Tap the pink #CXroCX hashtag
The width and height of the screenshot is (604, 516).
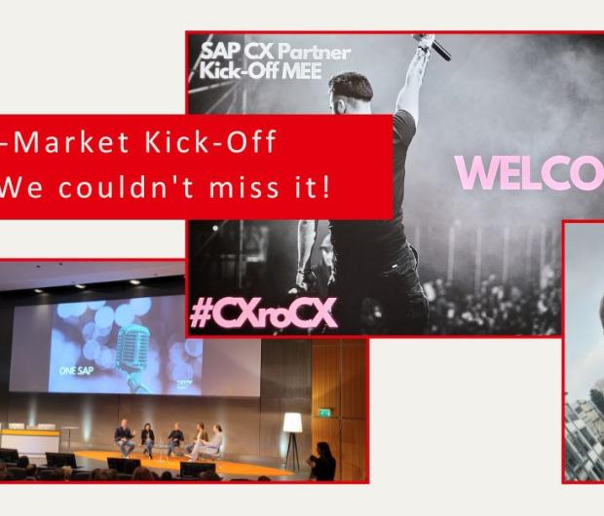[263, 311]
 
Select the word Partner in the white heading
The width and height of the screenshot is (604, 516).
[312, 52]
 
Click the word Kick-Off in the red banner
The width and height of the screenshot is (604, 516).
[224, 142]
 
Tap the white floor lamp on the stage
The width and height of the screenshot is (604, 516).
[292, 428]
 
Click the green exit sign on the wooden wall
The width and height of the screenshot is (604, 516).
[324, 412]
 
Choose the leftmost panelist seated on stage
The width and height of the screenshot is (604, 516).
[123, 437]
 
